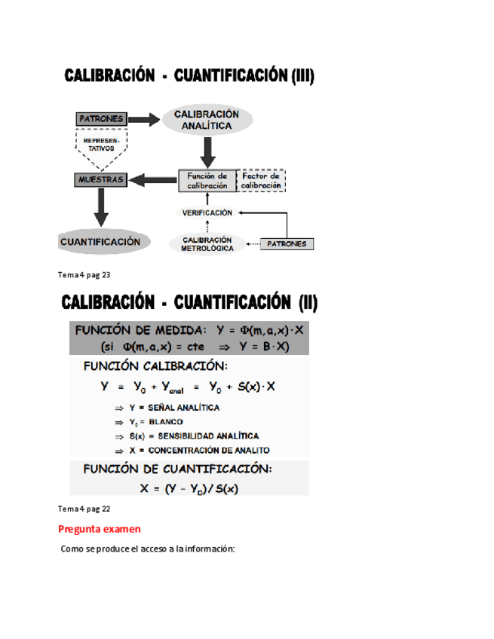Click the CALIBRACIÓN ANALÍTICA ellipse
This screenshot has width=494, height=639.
[206, 120]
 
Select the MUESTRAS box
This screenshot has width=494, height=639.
[100, 180]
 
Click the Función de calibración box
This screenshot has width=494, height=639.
[206, 181]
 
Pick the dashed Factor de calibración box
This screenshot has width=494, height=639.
[261, 181]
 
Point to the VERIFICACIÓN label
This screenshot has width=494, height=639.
[207, 213]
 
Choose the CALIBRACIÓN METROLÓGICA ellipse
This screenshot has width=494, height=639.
[207, 243]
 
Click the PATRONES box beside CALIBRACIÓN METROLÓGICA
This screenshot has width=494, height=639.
[287, 244]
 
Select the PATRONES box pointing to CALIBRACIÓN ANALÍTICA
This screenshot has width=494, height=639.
[100, 119]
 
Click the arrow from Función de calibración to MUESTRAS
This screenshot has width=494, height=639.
[152, 180]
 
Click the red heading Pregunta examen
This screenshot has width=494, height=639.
[99, 529]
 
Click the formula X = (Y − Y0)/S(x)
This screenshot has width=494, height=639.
[189, 488]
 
